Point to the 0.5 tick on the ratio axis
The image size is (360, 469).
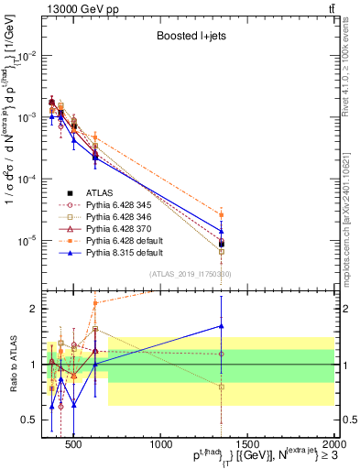point(29,420)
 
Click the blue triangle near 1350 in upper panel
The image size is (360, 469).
point(222,232)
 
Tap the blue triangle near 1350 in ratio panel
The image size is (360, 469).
point(222,325)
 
